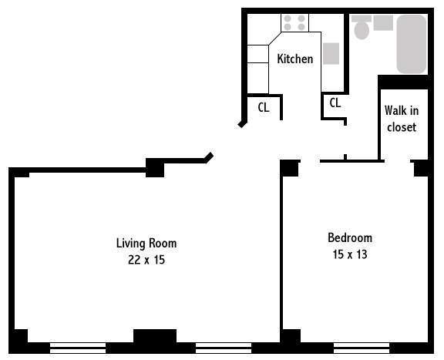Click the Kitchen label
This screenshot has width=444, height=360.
[x=295, y=59]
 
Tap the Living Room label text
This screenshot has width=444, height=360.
[x=146, y=244]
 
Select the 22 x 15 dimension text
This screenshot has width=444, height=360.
[x=146, y=260]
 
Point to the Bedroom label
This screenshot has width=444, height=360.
[x=350, y=238]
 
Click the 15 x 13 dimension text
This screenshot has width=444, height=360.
[x=350, y=254]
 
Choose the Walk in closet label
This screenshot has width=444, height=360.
[x=402, y=119]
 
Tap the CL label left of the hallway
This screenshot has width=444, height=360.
[x=264, y=107]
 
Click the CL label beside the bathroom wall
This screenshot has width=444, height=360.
[x=335, y=103]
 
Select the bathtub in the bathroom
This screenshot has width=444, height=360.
[x=412, y=44]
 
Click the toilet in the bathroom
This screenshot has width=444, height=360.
[x=362, y=28]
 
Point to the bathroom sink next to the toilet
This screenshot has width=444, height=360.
[x=383, y=23]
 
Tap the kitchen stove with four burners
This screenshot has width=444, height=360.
[x=294, y=22]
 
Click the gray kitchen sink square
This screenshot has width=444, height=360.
[x=331, y=53]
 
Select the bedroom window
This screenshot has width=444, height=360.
[x=362, y=348]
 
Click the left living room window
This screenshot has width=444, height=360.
[x=78, y=348]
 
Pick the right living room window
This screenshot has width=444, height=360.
[x=224, y=348]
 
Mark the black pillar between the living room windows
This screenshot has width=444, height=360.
[x=155, y=336]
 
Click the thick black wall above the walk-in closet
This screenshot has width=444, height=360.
[x=403, y=82]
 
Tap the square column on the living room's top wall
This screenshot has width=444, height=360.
[x=155, y=168]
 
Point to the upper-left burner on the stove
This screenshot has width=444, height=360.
[x=288, y=19]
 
